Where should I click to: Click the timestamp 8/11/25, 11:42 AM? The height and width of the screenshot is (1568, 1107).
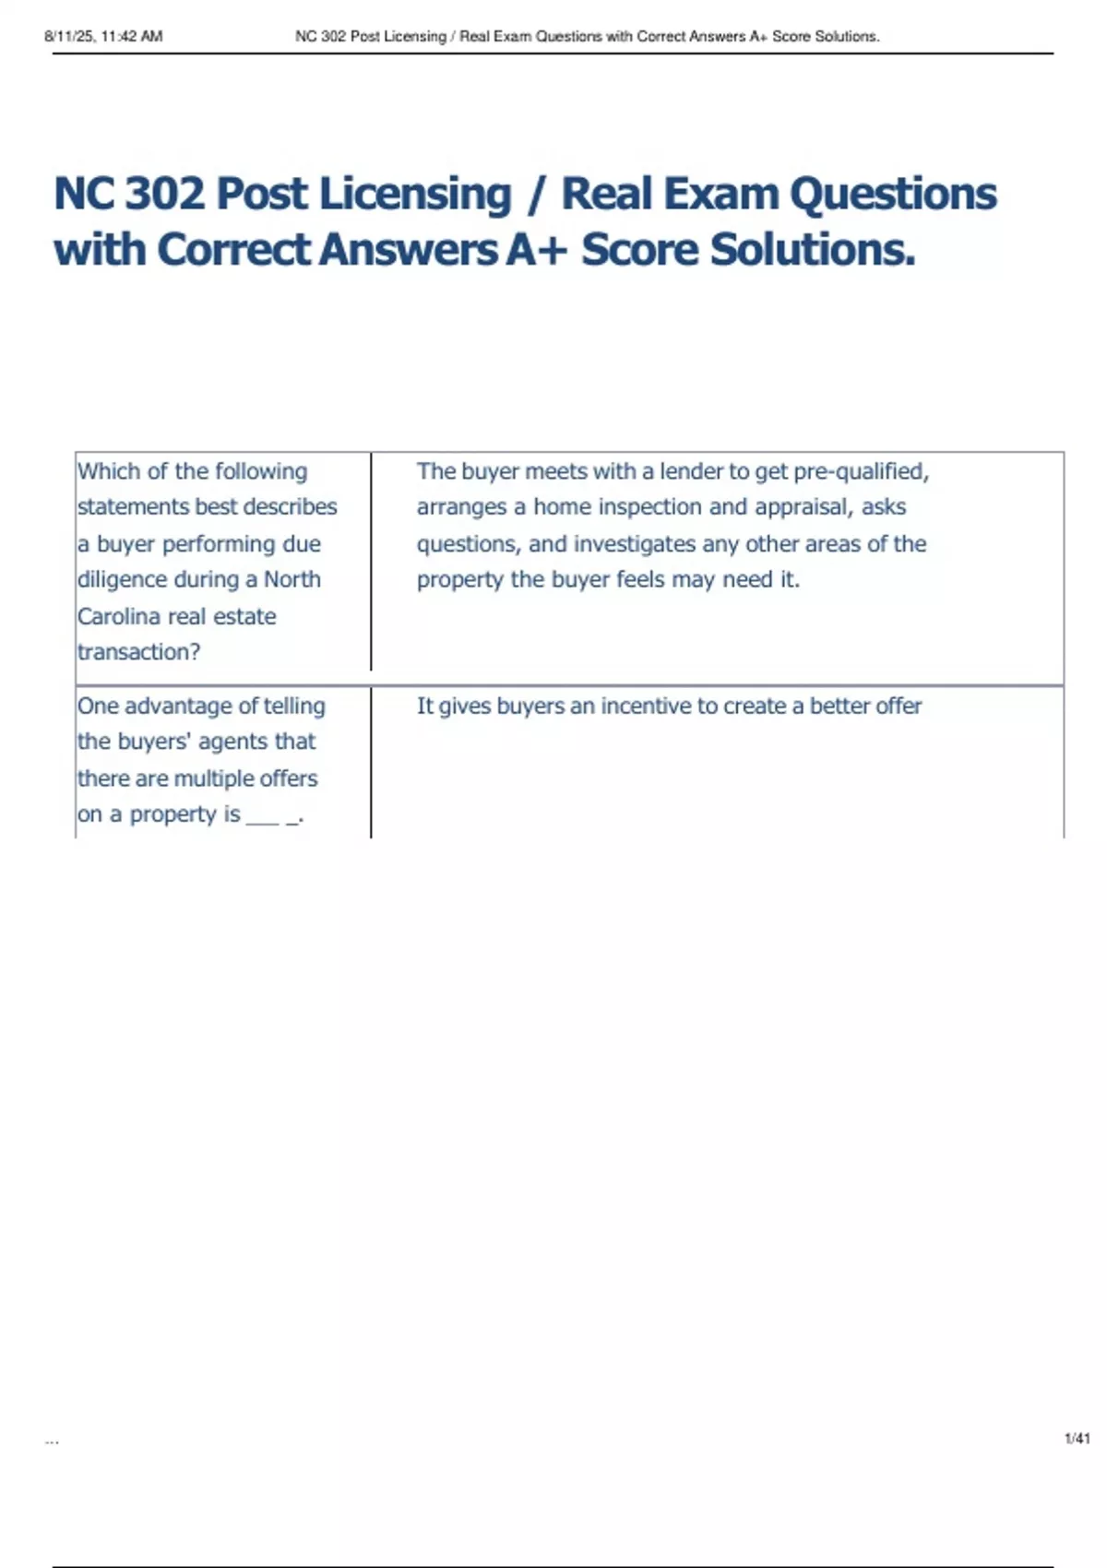point(103,37)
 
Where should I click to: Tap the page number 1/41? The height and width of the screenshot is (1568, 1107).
point(1077,1438)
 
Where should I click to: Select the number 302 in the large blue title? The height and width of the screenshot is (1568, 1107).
point(163,195)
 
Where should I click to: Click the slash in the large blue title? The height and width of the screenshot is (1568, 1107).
point(536,195)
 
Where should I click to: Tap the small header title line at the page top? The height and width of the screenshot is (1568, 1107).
point(587,37)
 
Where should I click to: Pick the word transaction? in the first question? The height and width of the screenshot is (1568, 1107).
point(138,652)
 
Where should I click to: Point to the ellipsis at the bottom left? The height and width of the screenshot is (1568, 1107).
point(52,1441)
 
